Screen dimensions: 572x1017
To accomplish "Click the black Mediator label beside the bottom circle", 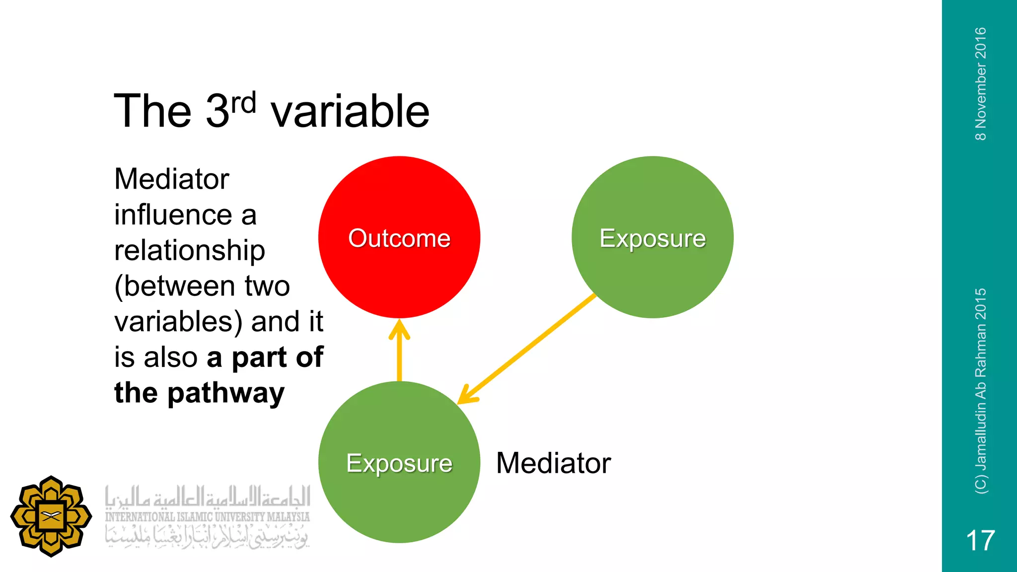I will [x=553, y=463].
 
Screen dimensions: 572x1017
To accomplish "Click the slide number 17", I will [x=980, y=540].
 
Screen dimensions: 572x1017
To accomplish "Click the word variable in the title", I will [x=350, y=111].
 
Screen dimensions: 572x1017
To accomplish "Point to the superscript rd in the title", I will [x=243, y=103].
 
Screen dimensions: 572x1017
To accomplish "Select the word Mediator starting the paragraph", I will [x=171, y=179].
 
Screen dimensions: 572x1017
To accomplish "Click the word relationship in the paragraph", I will [x=189, y=251].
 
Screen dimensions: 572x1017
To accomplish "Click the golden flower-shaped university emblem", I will [x=51, y=516].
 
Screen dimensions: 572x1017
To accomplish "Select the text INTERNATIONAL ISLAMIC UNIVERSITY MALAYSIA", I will [x=207, y=517].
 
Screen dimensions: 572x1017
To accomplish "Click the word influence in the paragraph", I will [x=173, y=214].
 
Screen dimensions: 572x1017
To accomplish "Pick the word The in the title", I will [x=152, y=111].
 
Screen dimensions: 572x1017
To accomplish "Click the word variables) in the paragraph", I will [x=178, y=322].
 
